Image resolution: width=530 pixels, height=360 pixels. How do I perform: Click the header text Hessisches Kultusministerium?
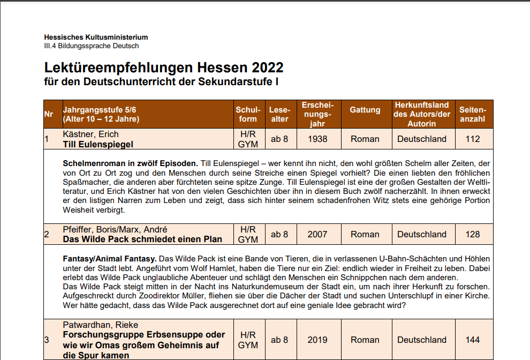96,37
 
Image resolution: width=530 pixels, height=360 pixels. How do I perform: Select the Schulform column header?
248,114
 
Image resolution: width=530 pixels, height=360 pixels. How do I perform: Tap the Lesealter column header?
279,114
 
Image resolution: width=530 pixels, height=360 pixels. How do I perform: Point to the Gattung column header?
365,110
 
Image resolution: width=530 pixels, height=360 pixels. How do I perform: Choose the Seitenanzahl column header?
473,114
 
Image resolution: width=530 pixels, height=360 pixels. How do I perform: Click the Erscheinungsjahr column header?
317,114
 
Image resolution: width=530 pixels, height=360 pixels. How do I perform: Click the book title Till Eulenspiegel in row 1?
98,144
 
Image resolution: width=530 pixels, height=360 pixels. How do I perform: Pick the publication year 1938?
317,139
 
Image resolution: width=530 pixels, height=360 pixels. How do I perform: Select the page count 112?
473,139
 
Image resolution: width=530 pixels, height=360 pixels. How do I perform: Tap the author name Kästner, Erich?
90,134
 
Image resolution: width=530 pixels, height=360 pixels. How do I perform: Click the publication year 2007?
317,234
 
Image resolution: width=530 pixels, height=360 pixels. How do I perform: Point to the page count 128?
473,234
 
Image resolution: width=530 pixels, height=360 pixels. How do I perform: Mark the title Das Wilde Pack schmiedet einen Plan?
142,239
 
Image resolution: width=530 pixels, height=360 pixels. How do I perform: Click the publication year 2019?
317,340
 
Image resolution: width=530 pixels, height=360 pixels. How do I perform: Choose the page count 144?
473,340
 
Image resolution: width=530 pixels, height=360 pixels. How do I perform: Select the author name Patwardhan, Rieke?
101,325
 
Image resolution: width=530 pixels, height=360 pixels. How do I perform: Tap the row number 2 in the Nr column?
47,234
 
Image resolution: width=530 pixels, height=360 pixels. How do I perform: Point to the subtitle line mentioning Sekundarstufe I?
161,82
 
